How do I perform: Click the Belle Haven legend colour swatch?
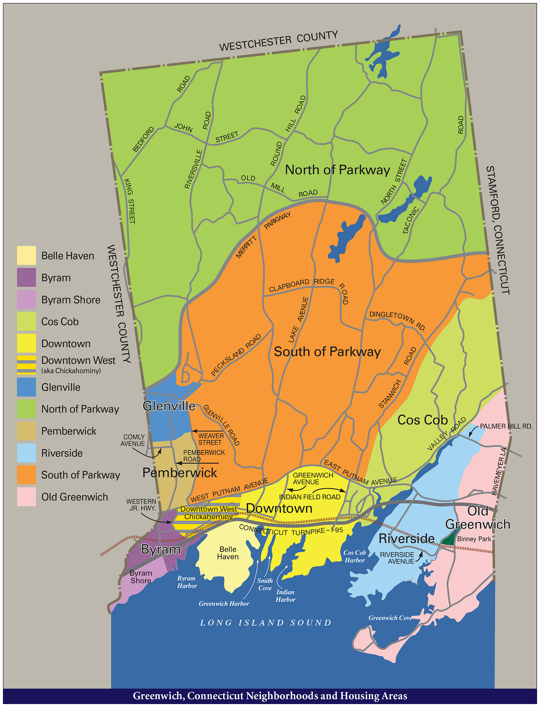tap(26, 256)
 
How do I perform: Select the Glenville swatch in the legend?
tap(26, 387)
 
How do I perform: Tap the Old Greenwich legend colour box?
tap(26, 497)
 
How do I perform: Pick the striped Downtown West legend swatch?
tap(26, 365)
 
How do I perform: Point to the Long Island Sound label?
tap(266, 623)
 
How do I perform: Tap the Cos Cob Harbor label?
tap(355, 556)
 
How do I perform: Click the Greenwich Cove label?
tap(390, 618)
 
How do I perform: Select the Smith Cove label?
tap(265, 584)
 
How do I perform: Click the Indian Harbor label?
tap(286, 596)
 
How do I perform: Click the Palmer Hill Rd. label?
tap(506, 426)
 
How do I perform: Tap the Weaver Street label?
tap(211, 439)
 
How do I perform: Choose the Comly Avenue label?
tap(133, 440)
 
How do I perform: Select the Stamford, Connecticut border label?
tap(498, 230)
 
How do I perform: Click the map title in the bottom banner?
tap(270, 696)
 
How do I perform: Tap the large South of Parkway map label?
tap(327, 352)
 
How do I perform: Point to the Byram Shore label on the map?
tap(141, 577)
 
